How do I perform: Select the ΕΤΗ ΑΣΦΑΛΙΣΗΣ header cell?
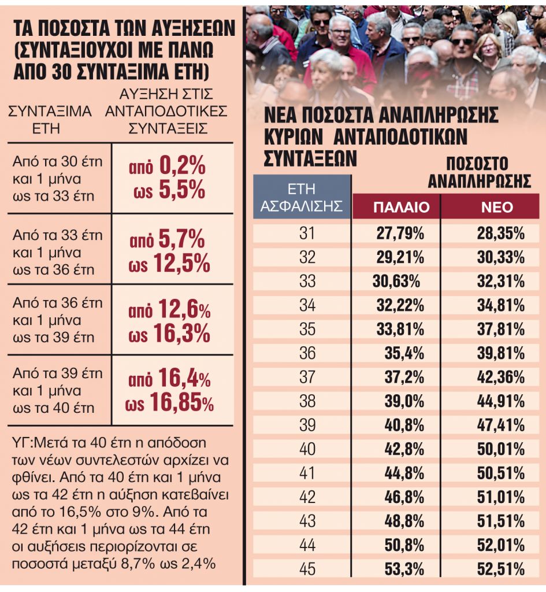[302, 197]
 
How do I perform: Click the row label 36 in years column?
[307, 354]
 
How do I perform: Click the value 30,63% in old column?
[396, 282]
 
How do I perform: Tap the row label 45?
[307, 569]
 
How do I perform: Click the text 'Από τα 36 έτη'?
[57, 303]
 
